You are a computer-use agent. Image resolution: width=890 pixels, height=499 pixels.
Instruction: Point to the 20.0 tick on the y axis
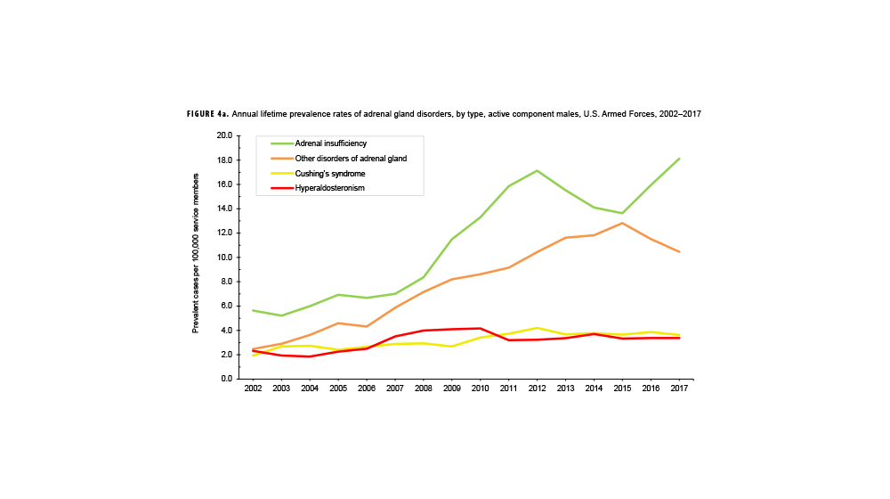click(223, 135)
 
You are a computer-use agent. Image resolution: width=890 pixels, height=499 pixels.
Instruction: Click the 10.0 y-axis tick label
click(223, 258)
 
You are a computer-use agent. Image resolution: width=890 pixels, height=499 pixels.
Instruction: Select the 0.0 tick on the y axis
click(225, 379)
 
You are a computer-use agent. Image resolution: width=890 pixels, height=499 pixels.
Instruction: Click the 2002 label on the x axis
click(254, 389)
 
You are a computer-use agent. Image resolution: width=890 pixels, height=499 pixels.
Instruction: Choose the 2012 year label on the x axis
click(538, 389)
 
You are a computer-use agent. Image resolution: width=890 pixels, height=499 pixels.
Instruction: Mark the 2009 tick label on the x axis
click(452, 389)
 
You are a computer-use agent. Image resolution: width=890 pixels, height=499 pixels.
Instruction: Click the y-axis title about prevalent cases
click(196, 258)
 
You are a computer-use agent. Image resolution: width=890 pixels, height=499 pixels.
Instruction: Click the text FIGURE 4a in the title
click(210, 115)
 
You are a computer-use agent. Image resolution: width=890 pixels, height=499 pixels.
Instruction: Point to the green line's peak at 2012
click(538, 170)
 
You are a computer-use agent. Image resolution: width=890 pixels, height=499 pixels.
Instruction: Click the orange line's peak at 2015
click(623, 223)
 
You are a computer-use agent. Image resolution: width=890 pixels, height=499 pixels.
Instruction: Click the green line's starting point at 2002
click(254, 310)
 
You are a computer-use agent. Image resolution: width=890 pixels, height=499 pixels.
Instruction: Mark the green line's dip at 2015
click(623, 213)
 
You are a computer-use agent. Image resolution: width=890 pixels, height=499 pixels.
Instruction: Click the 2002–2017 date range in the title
click(687, 115)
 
